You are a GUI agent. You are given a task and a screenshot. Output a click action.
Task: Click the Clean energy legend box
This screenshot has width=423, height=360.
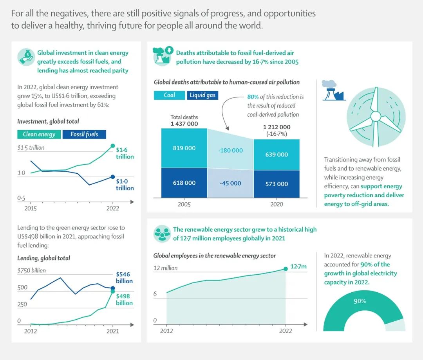pyautogui.click(x=39, y=134)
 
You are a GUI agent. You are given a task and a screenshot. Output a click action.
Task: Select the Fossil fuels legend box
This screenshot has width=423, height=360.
pyautogui.click(x=84, y=134)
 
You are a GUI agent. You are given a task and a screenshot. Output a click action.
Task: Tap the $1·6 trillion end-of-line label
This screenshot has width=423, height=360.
pyautogui.click(x=125, y=153)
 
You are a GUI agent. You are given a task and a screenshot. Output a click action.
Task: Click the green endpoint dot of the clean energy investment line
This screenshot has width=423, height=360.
pyautogui.click(x=113, y=146)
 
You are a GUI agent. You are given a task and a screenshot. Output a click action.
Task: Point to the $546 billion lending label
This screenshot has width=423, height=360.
pyautogui.click(x=124, y=278)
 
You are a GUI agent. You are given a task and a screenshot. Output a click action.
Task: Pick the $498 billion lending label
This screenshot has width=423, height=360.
pyautogui.click(x=124, y=300)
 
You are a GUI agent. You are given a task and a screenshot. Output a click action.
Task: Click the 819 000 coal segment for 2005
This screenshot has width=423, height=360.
pyautogui.click(x=184, y=148)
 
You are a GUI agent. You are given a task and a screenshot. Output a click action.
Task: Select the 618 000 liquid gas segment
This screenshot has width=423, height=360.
pyautogui.click(x=184, y=183)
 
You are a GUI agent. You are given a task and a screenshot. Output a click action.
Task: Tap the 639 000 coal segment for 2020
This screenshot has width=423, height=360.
pyautogui.click(x=277, y=155)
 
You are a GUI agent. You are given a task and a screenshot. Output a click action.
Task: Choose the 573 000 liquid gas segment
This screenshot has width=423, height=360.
pyautogui.click(x=277, y=184)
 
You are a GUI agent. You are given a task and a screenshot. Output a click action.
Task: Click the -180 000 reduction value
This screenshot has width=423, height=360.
pyautogui.click(x=230, y=150)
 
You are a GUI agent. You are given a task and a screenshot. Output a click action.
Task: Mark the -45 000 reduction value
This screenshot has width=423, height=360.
pyautogui.click(x=230, y=183)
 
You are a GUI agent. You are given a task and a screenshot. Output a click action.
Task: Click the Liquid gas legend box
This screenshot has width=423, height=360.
pyautogui.click(x=202, y=95)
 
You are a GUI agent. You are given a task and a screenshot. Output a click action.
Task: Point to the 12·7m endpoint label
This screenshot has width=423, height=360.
pyautogui.click(x=298, y=266)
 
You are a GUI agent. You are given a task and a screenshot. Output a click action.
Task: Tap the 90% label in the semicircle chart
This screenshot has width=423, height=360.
pyautogui.click(x=360, y=301)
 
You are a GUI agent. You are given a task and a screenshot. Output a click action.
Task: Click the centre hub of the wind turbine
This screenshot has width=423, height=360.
pyautogui.click(x=375, y=116)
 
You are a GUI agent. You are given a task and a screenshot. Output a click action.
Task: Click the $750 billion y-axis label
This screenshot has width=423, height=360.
pyautogui.click(x=31, y=270)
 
